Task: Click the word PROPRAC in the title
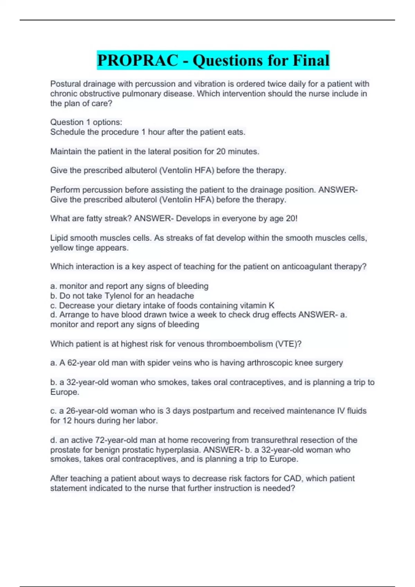[137, 60]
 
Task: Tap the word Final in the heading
[311, 60]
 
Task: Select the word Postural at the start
[65, 84]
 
